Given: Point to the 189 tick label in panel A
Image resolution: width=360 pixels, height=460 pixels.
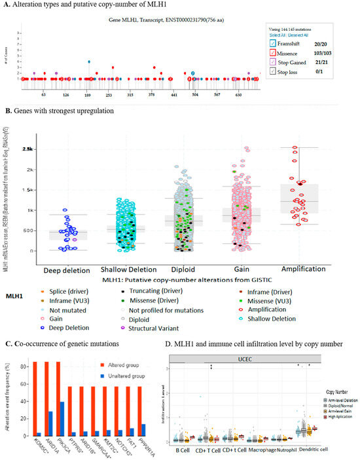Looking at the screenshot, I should [x=87, y=95].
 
